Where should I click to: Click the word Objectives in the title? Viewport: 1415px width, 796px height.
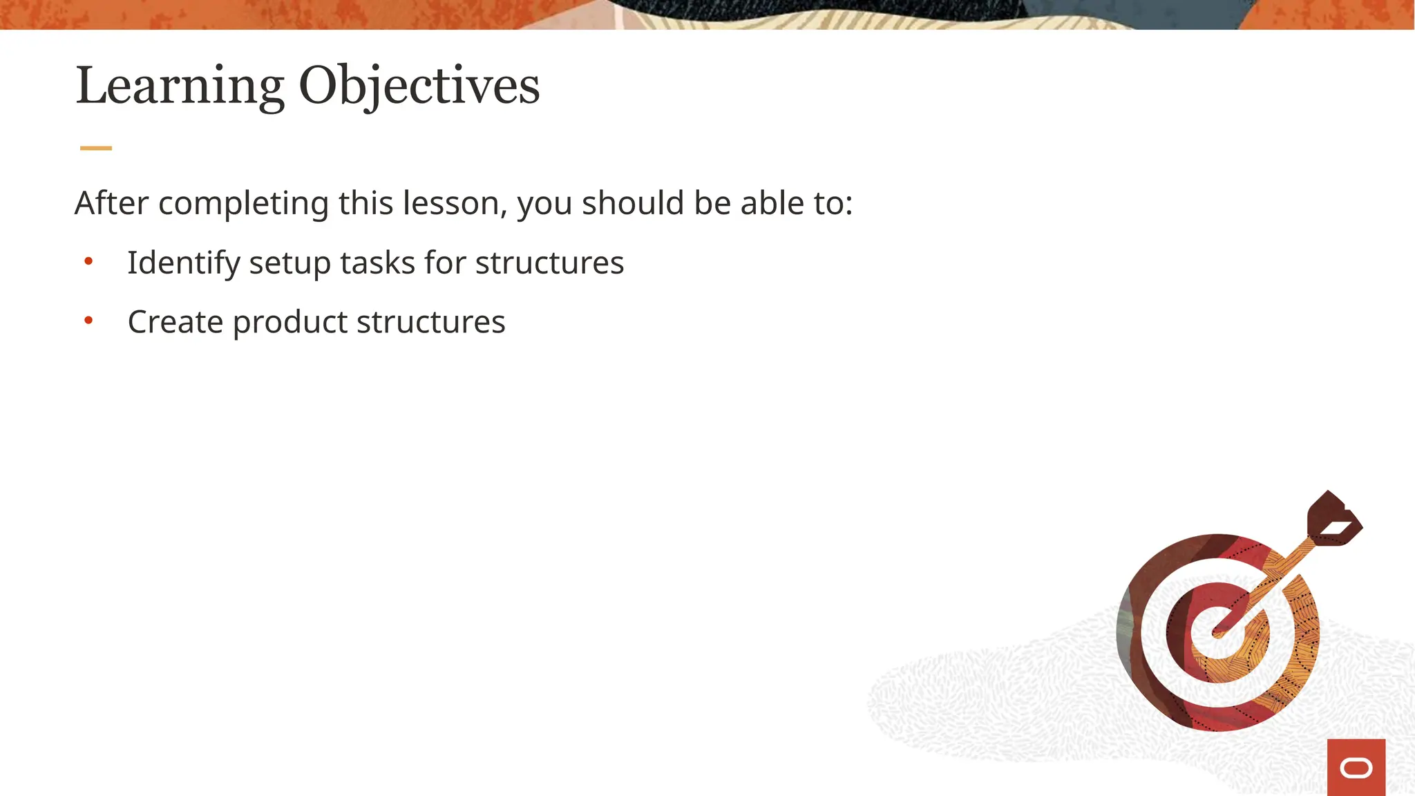tap(419, 86)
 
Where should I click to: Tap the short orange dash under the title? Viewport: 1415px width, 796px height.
tap(96, 148)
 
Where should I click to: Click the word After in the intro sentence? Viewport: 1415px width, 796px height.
tap(112, 203)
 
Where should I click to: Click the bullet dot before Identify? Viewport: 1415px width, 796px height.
tap(88, 261)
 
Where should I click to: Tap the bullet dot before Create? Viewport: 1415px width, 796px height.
tap(88, 320)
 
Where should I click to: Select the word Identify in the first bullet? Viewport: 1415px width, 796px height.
tap(184, 263)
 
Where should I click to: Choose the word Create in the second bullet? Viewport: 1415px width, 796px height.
tap(175, 322)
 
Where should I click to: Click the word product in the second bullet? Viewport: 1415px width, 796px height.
tap(290, 323)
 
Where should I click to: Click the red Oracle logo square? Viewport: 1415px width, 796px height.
tap(1356, 767)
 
